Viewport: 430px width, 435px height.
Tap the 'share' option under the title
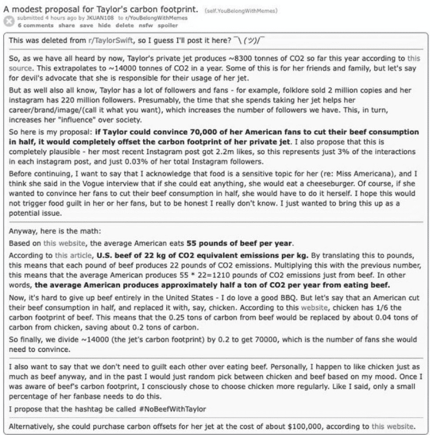click(x=66, y=24)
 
